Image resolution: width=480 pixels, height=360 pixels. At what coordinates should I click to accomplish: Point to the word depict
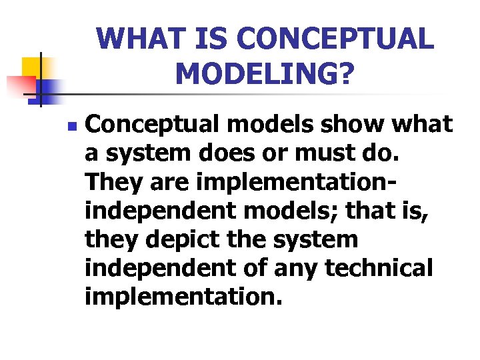pos(179,239)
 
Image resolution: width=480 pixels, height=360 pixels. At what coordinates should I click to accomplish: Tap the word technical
pos(379,268)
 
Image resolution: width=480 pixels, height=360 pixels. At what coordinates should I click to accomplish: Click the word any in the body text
pos(299,268)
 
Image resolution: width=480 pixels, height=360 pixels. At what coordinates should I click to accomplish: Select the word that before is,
pos(374,211)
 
